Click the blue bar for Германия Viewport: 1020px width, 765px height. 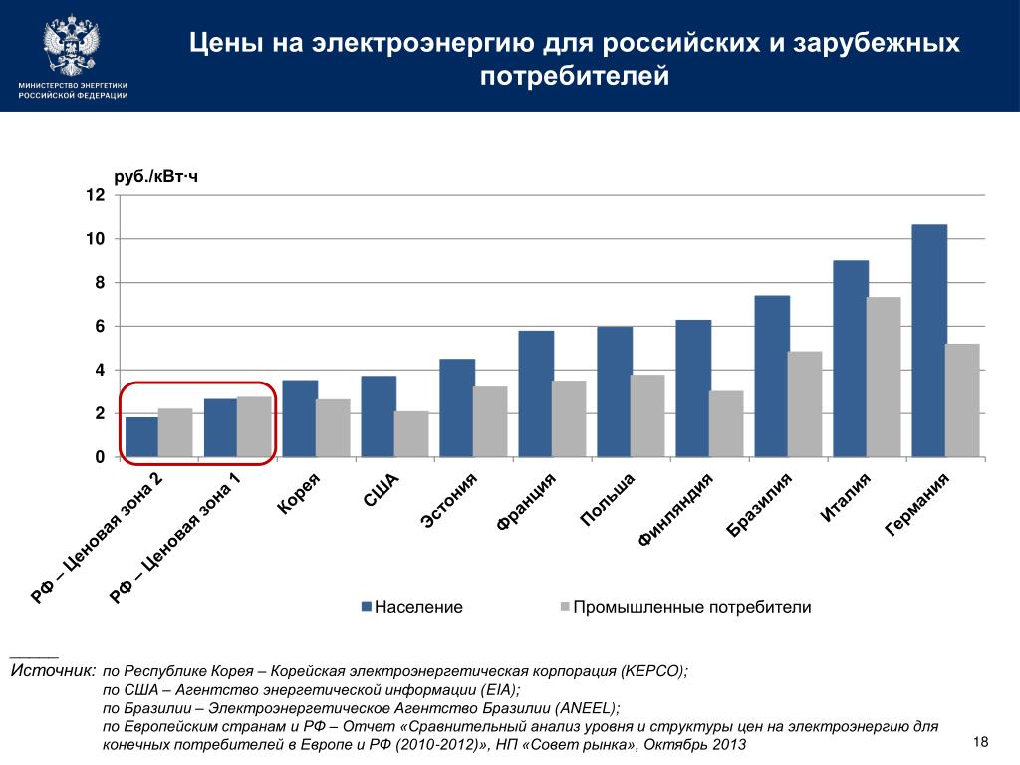pyautogui.click(x=928, y=341)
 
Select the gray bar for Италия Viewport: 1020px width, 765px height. pyautogui.click(x=884, y=377)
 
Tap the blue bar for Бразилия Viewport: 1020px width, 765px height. pyautogui.click(x=772, y=376)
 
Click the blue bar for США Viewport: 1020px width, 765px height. pyautogui.click(x=379, y=415)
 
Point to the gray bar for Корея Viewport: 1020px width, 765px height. pyautogui.click(x=333, y=427)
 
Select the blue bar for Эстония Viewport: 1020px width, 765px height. pyautogui.click(x=457, y=407)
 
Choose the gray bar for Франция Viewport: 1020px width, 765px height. pyautogui.click(x=569, y=418)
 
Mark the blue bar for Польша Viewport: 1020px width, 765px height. pyautogui.click(x=615, y=391)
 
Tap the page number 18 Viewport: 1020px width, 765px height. pyautogui.click(x=981, y=743)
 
